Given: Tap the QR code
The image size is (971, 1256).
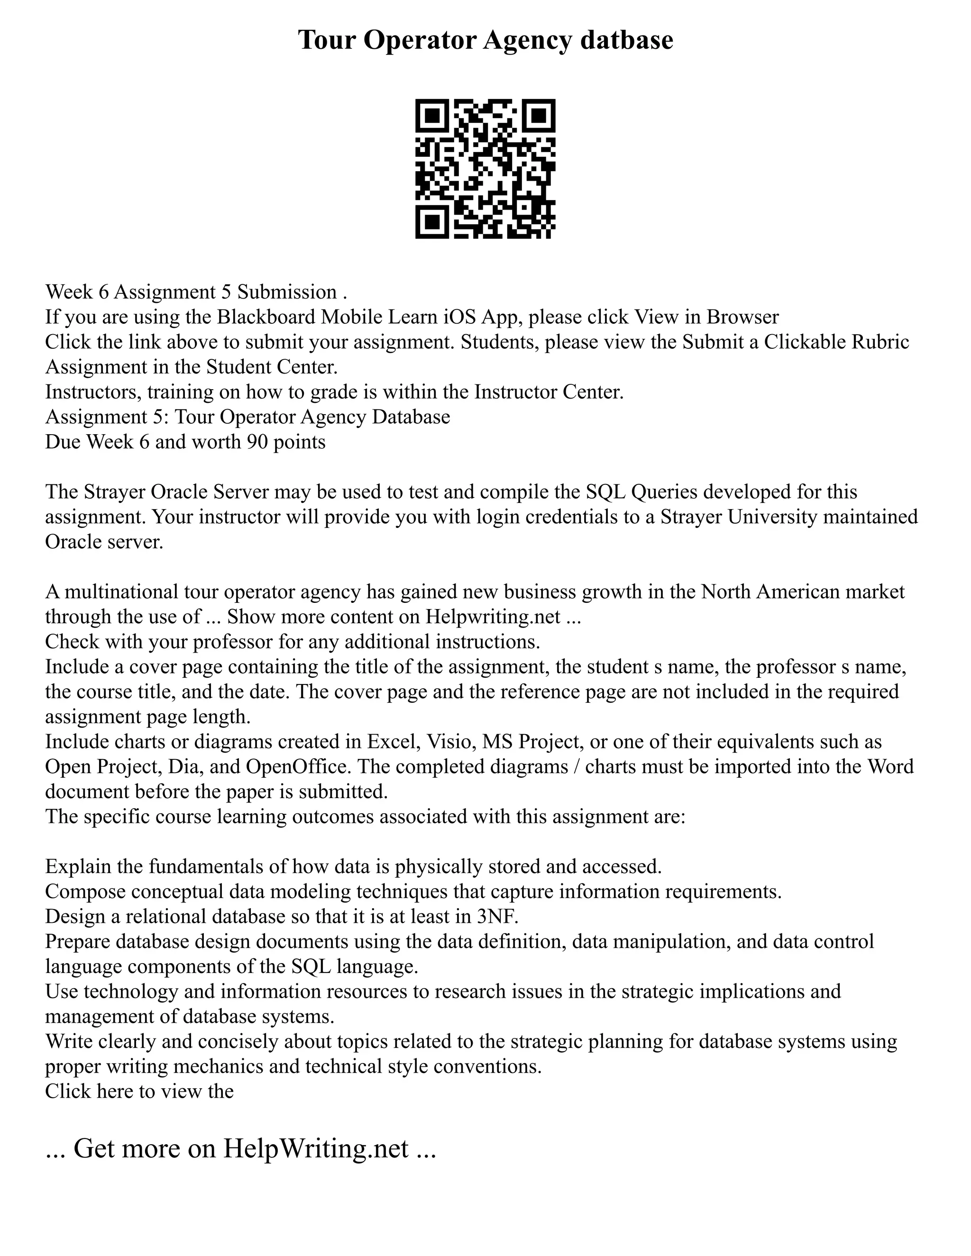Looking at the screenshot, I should (x=485, y=169).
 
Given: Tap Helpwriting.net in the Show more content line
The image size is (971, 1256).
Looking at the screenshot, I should (x=493, y=617).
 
